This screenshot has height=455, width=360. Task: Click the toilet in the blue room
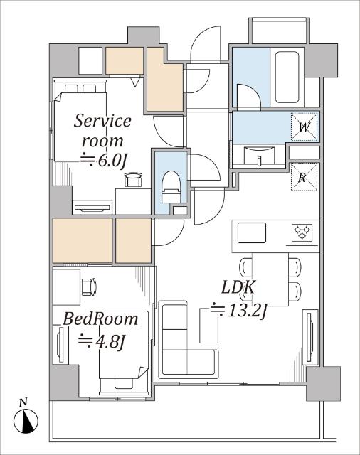pyautogui.click(x=171, y=187)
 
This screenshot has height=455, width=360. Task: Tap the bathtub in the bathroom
pyautogui.click(x=287, y=77)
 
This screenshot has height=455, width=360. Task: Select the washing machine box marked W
pyautogui.click(x=305, y=127)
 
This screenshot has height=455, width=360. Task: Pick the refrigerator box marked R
pyautogui.click(x=304, y=177)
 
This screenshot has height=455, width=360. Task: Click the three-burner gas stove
pyautogui.click(x=302, y=232)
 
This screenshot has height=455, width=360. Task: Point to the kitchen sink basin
pyautogui.click(x=252, y=232)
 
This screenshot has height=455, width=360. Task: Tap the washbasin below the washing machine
pyautogui.click(x=259, y=156)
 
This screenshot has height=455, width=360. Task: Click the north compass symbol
pyautogui.click(x=26, y=421)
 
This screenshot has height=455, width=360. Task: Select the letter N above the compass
pyautogui.click(x=23, y=402)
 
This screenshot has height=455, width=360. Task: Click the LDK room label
pyautogui.click(x=238, y=287)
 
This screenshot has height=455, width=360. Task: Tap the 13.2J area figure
pyautogui.click(x=238, y=311)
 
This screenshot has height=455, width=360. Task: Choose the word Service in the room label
pyautogui.click(x=102, y=121)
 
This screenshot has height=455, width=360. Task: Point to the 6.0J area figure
pyautogui.click(x=104, y=160)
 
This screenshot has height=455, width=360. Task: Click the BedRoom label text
pyautogui.click(x=100, y=319)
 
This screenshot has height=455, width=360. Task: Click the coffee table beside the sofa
pyautogui.click(x=209, y=326)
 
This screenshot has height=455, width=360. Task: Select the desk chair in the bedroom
pyautogui.click(x=89, y=287)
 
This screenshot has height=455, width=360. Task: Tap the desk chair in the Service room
pyautogui.click(x=134, y=179)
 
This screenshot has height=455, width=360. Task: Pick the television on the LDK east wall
pyautogui.click(x=309, y=337)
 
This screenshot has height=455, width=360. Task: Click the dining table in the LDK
pyautogui.click(x=270, y=279)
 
